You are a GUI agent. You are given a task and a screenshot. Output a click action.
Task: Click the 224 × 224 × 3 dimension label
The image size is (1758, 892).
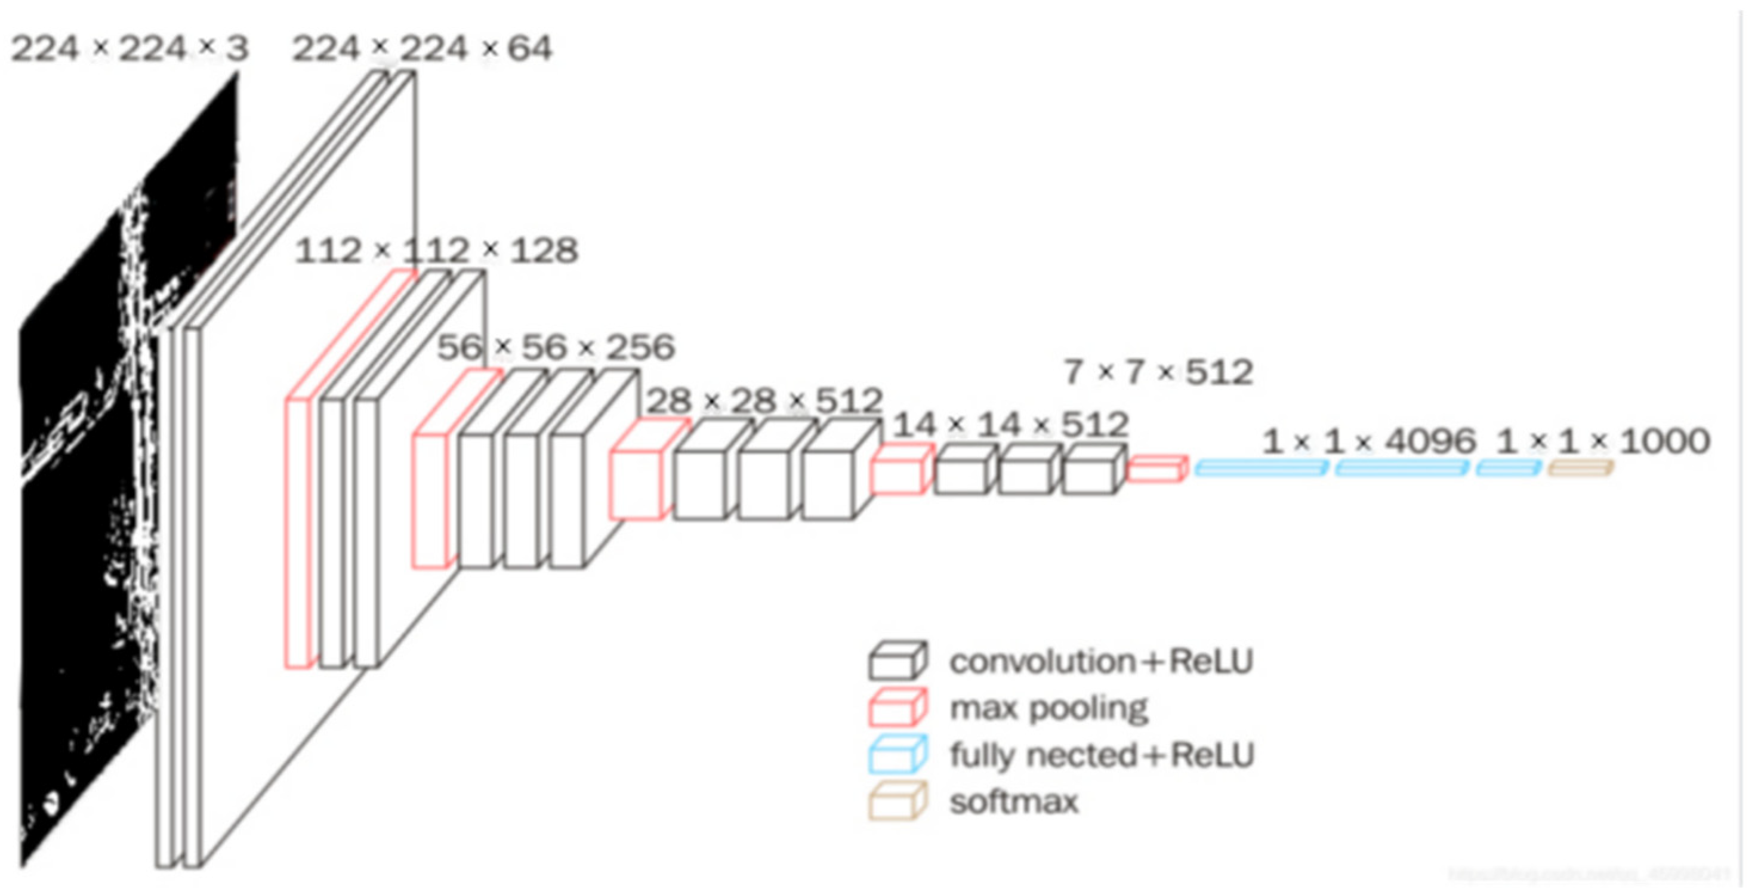point(129,49)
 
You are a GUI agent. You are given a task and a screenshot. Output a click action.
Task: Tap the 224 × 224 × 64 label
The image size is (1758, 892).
point(422,49)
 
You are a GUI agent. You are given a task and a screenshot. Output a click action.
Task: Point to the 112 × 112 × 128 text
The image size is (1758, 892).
point(437,251)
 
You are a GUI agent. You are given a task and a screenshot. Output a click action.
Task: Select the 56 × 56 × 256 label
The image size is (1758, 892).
point(556,347)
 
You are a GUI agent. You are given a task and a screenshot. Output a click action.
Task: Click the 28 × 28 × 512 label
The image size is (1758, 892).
point(764,400)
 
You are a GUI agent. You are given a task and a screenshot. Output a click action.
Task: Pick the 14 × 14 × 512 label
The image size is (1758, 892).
point(1010,425)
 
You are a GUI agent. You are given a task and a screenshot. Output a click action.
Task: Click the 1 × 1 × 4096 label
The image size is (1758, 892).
point(1368,442)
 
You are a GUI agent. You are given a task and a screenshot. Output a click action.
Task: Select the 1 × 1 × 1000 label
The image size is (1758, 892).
point(1602,442)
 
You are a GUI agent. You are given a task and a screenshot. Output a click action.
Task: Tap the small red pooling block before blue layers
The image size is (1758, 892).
point(1156,470)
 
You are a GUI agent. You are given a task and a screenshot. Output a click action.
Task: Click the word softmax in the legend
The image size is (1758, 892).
point(1013,802)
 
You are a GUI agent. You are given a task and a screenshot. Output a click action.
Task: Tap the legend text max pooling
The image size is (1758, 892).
point(1049,709)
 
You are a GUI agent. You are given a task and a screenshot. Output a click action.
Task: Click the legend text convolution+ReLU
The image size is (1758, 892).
point(1101,661)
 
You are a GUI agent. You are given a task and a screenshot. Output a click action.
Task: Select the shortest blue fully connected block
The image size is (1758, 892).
point(1508,468)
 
